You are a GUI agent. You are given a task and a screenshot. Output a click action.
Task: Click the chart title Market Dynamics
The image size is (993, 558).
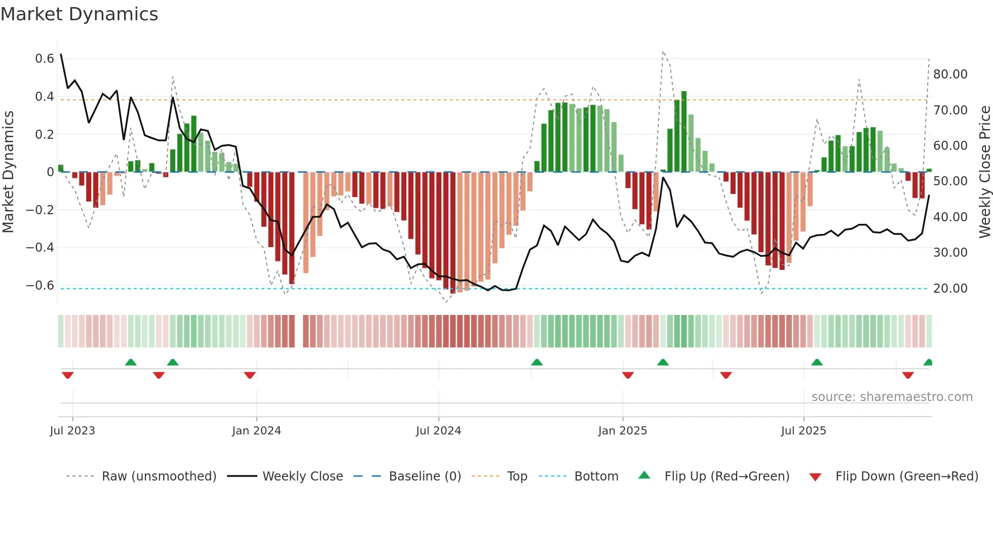79,14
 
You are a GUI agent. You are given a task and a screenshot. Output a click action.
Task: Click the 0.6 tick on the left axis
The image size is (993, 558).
45,59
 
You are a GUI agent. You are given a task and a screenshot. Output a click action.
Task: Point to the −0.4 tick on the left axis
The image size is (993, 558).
40,248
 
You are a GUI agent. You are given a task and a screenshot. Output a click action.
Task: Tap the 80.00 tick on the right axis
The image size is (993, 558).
950,74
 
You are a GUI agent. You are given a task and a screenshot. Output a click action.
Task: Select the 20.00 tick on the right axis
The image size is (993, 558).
950,289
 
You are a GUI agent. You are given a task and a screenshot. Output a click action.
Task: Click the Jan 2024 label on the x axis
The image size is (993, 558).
256,431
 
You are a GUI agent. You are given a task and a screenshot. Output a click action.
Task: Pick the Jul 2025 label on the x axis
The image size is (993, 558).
804,431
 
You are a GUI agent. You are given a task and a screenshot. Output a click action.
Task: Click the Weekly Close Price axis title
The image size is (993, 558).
984,172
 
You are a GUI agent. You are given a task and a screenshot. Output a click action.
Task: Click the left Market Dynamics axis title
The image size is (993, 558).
8,172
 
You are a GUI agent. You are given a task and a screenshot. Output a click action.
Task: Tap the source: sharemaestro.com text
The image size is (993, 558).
892,397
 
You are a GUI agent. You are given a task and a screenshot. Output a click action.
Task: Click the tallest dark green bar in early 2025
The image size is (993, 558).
684,132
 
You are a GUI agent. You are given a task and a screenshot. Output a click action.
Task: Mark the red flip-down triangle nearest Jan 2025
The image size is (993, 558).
628,375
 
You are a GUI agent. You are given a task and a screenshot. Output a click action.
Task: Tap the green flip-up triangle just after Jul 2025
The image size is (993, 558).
817,362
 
